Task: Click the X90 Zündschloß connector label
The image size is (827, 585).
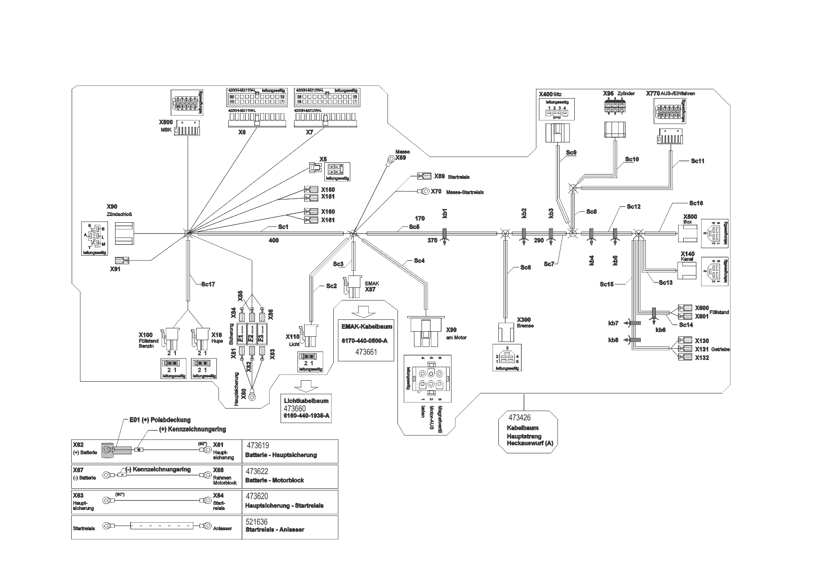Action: (112, 207)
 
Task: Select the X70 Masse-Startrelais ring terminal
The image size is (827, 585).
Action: (424, 192)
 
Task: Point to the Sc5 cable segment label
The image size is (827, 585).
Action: (414, 227)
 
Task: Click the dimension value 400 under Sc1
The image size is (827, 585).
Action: (273, 241)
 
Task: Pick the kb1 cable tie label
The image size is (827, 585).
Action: (444, 213)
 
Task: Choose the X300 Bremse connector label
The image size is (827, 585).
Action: (523, 319)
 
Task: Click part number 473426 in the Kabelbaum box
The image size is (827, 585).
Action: (519, 418)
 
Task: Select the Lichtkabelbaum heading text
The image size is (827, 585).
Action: (306, 401)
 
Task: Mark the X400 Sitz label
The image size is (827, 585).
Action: (550, 94)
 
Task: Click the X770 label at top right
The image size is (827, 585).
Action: (653, 93)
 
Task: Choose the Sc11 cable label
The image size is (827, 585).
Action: (697, 161)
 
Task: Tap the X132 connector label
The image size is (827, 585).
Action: (702, 358)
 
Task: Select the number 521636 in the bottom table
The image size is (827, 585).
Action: (256, 522)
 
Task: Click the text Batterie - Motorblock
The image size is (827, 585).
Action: (274, 480)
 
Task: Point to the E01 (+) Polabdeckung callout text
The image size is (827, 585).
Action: (160, 420)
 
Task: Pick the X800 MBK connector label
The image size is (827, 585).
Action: (165, 122)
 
